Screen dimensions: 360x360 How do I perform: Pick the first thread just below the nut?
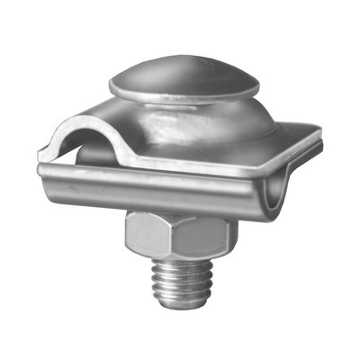click(x=180, y=263)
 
